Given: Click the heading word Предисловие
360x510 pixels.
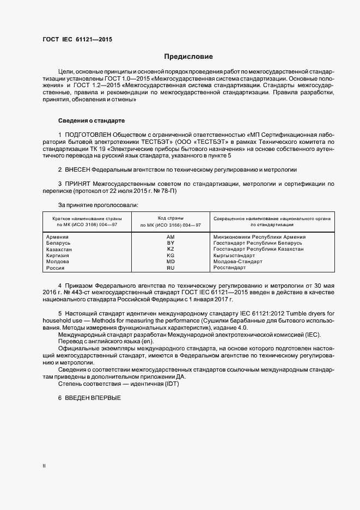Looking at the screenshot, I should tap(188, 56).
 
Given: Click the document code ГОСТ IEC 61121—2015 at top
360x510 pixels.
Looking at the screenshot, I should tap(77, 39).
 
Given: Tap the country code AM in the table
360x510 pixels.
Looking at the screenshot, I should tap(170, 237).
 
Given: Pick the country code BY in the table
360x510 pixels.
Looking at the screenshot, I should tap(170, 243).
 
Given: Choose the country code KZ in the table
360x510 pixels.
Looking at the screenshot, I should tap(170, 249).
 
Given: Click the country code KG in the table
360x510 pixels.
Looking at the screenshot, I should tap(170, 255).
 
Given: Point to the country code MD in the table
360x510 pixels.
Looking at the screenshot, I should tap(170, 262).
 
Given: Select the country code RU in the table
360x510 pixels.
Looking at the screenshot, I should tap(170, 268).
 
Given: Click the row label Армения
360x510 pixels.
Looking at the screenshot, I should tap(58, 237).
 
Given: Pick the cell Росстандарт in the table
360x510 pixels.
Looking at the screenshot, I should tap(230, 268).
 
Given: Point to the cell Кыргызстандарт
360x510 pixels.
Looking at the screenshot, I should tap(235, 255).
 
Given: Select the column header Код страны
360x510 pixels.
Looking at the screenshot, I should tap(170, 218).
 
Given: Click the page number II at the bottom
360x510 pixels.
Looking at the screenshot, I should tap(45, 466).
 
